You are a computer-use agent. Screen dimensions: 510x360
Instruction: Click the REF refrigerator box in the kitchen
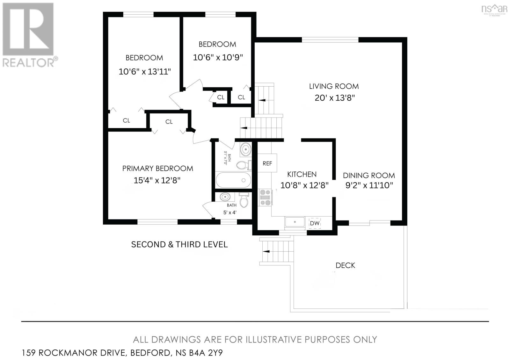[x=267, y=163]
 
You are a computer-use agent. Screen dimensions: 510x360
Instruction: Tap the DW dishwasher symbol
[x=315, y=223]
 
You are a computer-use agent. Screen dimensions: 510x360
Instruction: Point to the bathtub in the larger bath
[x=233, y=180]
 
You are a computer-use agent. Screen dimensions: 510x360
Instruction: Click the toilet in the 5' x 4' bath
[x=244, y=200]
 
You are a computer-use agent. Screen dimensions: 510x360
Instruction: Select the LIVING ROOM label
[x=334, y=86]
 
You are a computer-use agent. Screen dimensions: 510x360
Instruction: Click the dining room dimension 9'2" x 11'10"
[x=369, y=185]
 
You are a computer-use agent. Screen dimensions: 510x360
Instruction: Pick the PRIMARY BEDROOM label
[x=157, y=169]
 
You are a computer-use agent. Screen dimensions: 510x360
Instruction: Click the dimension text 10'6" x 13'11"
[x=145, y=72]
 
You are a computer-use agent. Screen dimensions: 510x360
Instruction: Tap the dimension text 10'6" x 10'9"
[x=218, y=58]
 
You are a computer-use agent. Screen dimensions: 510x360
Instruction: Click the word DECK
[x=345, y=265]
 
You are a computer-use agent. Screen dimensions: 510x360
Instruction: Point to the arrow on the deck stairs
[x=266, y=251]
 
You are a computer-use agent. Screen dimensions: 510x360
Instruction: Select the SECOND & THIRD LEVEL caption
[x=179, y=245]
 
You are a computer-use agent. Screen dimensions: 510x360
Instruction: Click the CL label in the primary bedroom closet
[x=169, y=122]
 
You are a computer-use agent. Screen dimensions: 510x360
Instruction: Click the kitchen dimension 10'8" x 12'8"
[x=304, y=185]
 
